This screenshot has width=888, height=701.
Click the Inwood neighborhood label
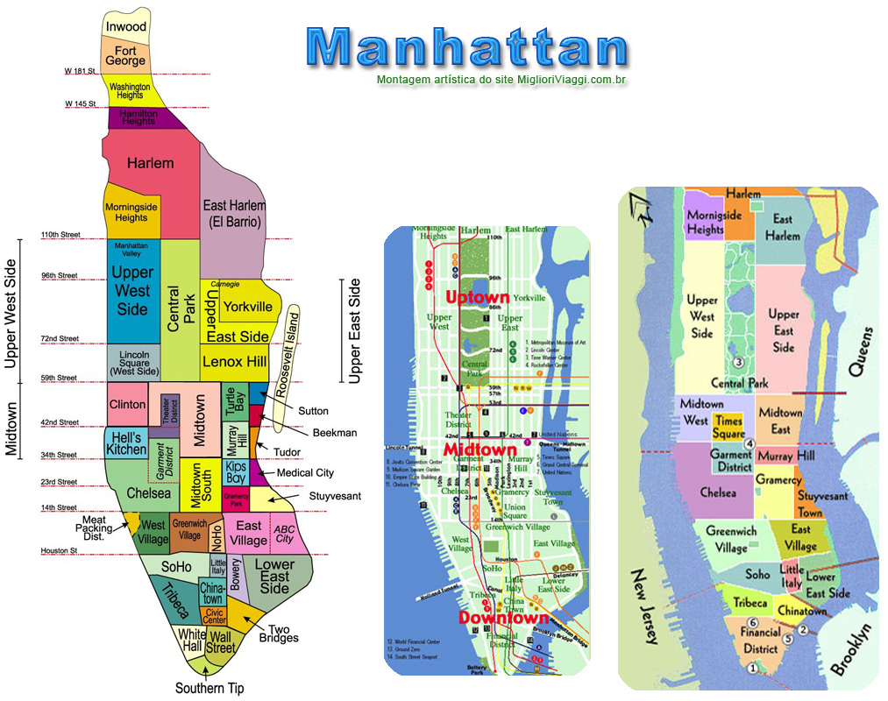point(125,27)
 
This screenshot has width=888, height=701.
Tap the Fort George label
point(125,56)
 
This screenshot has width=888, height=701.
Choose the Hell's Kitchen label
point(126,443)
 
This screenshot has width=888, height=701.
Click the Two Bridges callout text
point(283,634)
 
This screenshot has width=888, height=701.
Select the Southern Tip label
point(210,688)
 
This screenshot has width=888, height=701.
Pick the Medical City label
point(304,473)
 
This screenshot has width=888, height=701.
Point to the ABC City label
point(284,535)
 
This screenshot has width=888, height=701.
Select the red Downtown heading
point(503,619)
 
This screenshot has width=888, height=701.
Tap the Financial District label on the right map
point(759,641)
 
